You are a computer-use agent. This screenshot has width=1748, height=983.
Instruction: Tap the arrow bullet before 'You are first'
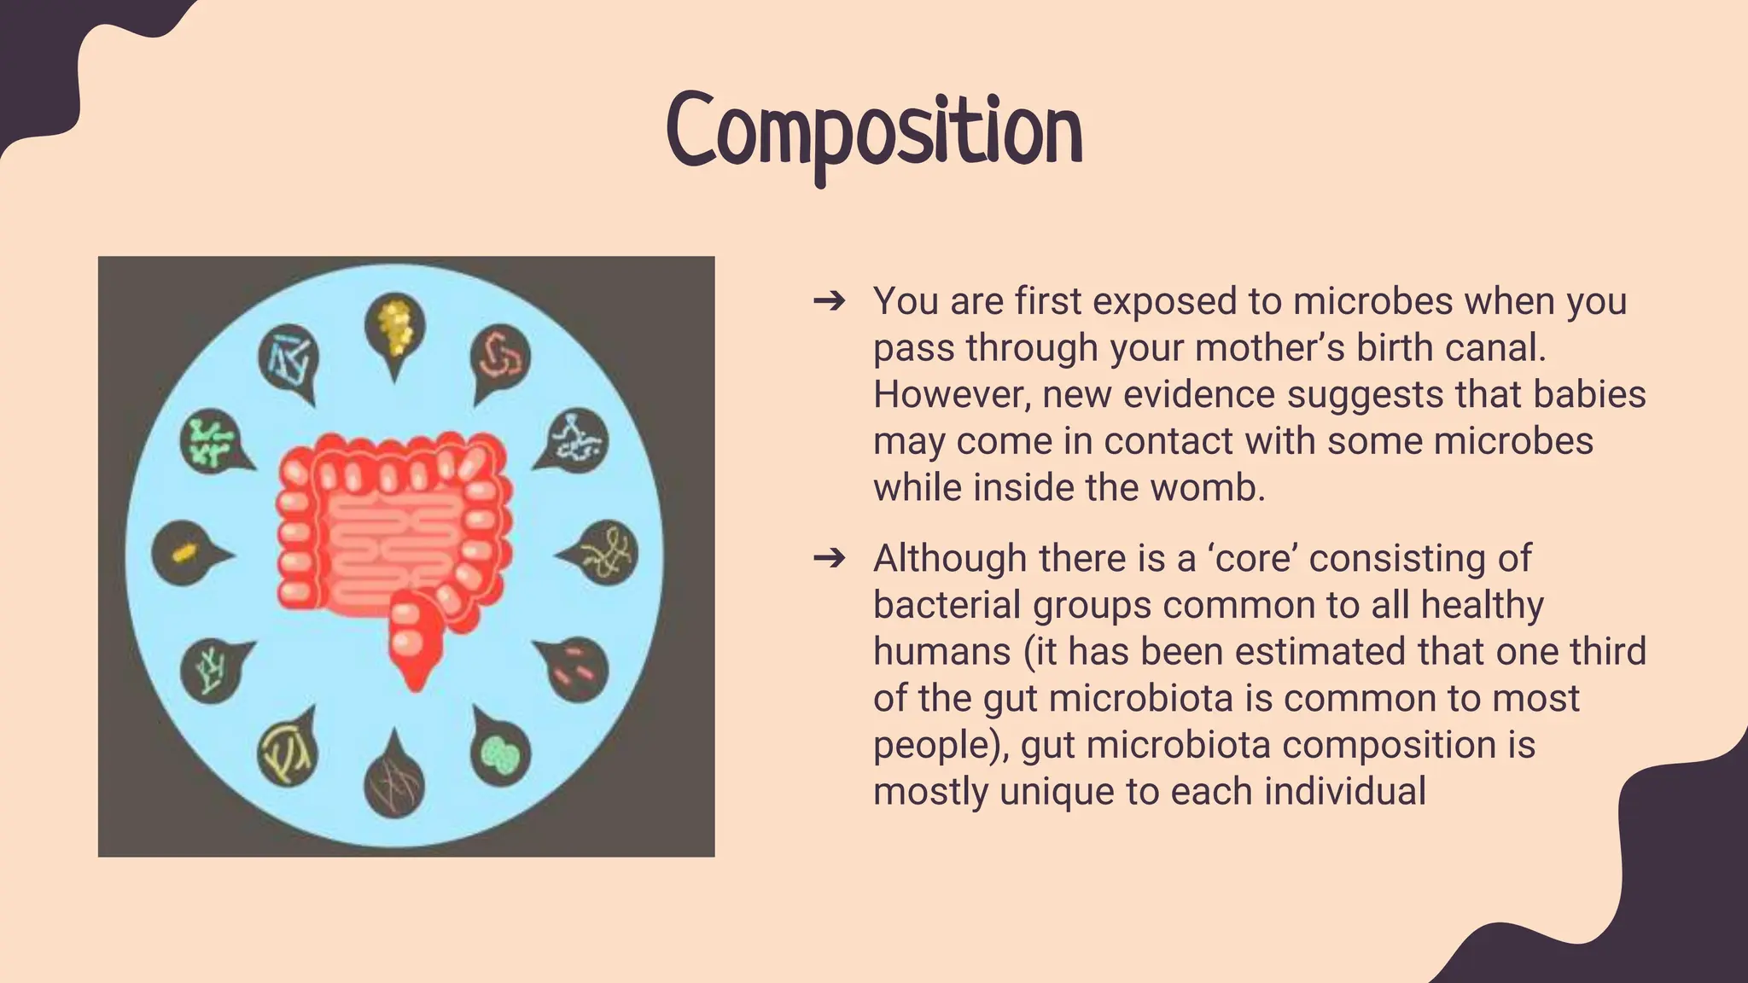pos(829,300)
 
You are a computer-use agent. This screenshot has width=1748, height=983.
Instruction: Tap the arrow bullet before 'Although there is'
pos(829,558)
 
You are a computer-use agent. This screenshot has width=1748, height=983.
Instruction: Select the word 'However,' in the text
pos(950,394)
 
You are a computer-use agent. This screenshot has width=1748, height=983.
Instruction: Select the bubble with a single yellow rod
pos(182,554)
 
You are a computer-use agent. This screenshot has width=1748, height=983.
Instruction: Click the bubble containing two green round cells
pos(500,753)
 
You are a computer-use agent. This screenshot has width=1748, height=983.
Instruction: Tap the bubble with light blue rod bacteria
pos(288,357)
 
